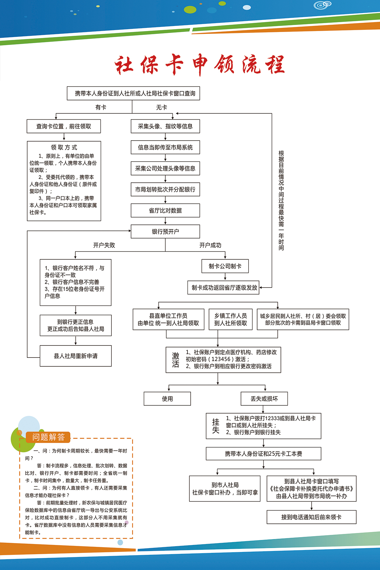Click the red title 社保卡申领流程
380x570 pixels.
pyautogui.click(x=199, y=65)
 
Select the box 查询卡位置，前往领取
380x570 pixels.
pyautogui.click(x=64, y=126)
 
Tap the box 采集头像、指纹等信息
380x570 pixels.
pyautogui.click(x=165, y=126)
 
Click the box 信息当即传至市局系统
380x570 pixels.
pyautogui.click(x=165, y=147)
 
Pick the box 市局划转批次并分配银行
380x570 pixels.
pyautogui.click(x=165, y=189)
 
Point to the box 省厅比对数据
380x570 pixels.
pyautogui.click(x=165, y=211)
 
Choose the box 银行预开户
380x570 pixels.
pyautogui.click(x=165, y=231)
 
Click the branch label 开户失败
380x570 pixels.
pyautogui.click(x=104, y=245)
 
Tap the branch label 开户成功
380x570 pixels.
pyautogui.click(x=210, y=245)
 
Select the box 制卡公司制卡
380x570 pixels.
pyautogui.click(x=225, y=266)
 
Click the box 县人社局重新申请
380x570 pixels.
pyautogui.click(x=76, y=356)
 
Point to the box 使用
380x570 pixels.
pyautogui.click(x=167, y=399)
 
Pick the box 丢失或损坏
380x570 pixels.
pyautogui.click(x=264, y=399)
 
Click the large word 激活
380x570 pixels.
pyautogui.click(x=176, y=360)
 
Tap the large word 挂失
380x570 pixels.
pyautogui.click(x=216, y=426)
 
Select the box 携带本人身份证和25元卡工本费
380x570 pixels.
pyautogui.click(x=263, y=454)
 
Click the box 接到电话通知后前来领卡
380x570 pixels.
pyautogui.click(x=311, y=517)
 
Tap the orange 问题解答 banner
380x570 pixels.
pyautogui.click(x=48, y=437)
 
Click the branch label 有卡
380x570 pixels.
pyautogui.click(x=101, y=107)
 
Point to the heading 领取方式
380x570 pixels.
pyautogui.click(x=64, y=148)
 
